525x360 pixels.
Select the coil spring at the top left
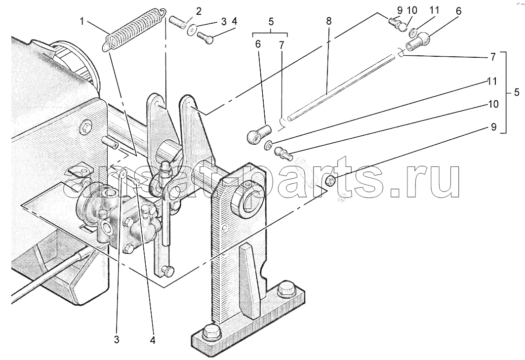click(134, 30)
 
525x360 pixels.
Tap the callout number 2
click(199, 11)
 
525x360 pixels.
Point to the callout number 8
click(328, 21)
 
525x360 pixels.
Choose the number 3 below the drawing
click(116, 340)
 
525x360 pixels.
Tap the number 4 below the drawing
click(152, 340)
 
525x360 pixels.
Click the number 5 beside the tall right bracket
click(517, 92)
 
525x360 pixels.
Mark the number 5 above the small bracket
click(271, 22)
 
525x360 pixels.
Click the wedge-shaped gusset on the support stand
click(249, 281)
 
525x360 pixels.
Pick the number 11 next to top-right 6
click(434, 11)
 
